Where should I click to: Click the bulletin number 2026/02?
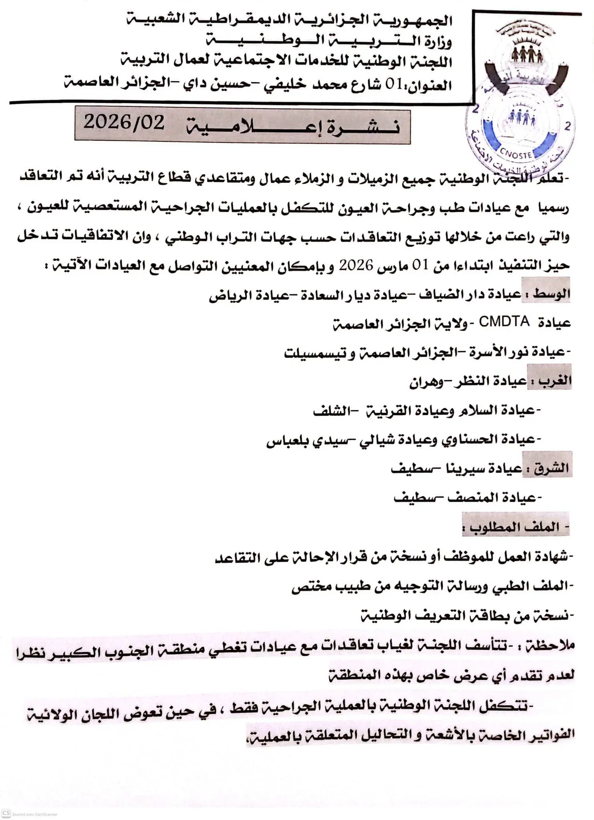pos(124,122)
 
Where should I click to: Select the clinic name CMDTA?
pos(503,322)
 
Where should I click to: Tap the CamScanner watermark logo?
pos(6,813)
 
